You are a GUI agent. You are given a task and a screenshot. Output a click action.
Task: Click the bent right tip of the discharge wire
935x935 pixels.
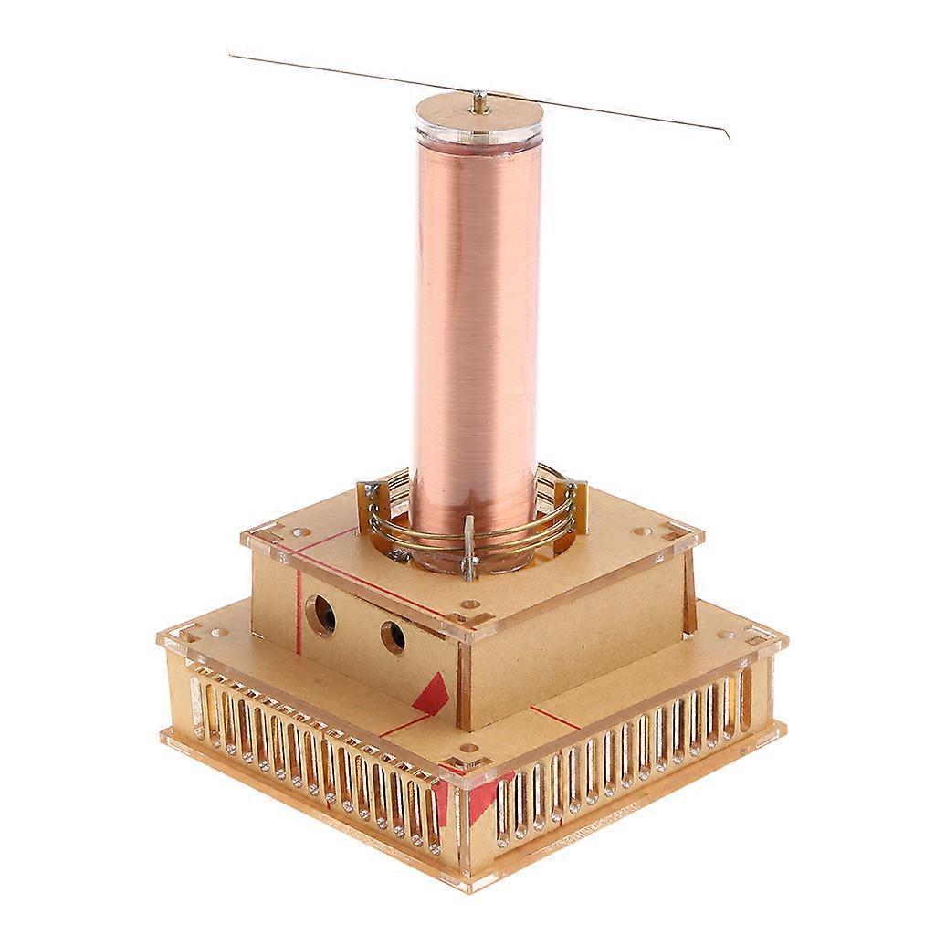tap(727, 136)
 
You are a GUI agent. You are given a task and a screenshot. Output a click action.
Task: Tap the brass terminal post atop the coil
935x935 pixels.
tap(480, 103)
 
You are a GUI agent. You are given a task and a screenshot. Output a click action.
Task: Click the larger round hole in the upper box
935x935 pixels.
tap(320, 616)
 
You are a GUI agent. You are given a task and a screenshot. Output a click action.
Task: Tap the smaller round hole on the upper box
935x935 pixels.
tap(393, 636)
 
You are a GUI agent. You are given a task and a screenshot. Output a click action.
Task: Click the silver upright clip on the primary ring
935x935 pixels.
tap(469, 548)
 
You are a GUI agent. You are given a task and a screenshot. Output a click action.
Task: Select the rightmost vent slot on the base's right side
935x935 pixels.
tap(744, 697)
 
